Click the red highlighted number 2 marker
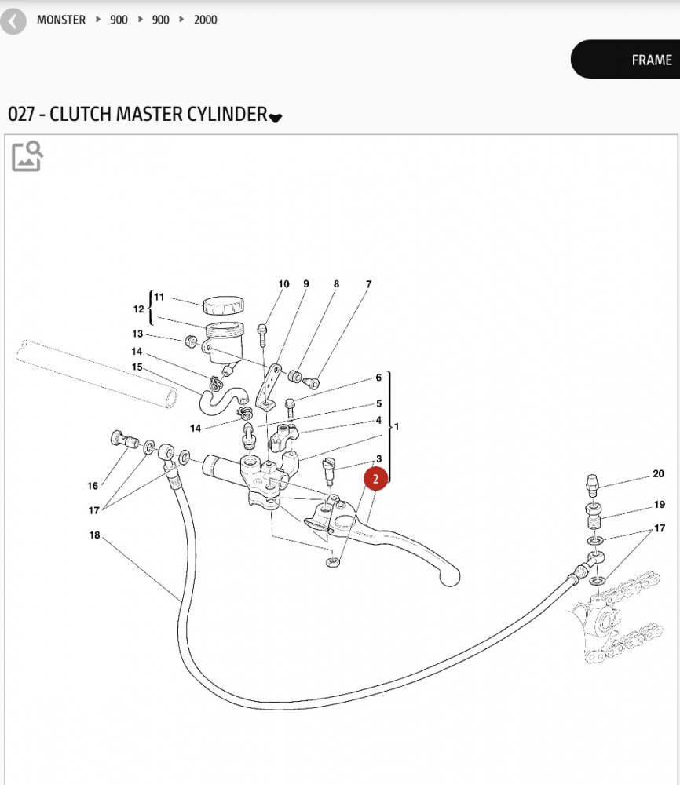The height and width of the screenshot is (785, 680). coord(375,478)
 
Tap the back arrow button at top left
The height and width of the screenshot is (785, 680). coord(13,20)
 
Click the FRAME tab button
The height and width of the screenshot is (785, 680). coord(651,60)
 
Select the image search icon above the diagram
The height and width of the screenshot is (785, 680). coord(27,155)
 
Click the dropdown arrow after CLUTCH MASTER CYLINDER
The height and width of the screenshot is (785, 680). coord(275,117)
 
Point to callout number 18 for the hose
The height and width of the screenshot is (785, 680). coord(94,536)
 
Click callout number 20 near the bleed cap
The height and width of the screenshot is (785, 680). coord(658,474)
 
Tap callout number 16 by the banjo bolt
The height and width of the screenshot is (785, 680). coord(93,486)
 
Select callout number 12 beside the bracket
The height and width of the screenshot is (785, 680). coord(138,309)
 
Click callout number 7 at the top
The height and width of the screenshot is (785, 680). coord(367,284)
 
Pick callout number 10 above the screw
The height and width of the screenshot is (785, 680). coord(283,284)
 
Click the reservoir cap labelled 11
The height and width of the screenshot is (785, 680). coord(225,304)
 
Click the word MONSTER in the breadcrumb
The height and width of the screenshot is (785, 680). coord(61,20)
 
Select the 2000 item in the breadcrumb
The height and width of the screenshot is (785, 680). coord(206,20)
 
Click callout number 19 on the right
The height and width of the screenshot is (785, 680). coord(659,505)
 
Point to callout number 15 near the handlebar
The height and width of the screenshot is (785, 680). coord(137,367)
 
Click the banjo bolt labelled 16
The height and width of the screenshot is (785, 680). coord(120,438)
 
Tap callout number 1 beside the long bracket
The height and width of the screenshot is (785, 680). coord(397,427)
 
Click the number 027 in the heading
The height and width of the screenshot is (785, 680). coord(21,114)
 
